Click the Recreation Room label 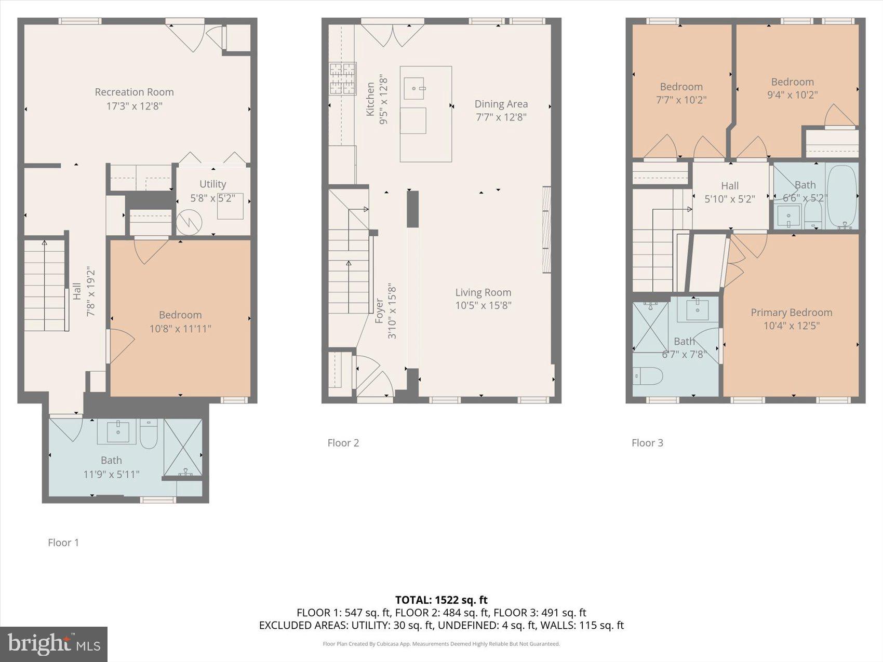[x=134, y=92]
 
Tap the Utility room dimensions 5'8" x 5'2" [x=212, y=198]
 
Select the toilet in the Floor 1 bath [x=149, y=435]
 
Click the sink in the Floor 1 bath [x=118, y=431]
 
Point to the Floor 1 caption [x=63, y=543]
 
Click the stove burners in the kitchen [x=342, y=78]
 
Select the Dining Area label [x=501, y=104]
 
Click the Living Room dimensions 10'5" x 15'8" [x=483, y=305]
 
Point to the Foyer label [x=379, y=310]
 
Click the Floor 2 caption [x=343, y=443]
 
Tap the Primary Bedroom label [x=791, y=312]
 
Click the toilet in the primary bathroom [x=648, y=376]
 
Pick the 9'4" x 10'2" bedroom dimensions [x=792, y=95]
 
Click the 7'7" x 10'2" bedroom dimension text [x=681, y=100]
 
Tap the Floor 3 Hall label [x=729, y=185]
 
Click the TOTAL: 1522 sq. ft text [x=441, y=601]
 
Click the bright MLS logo [x=54, y=644]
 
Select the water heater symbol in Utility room [x=189, y=222]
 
